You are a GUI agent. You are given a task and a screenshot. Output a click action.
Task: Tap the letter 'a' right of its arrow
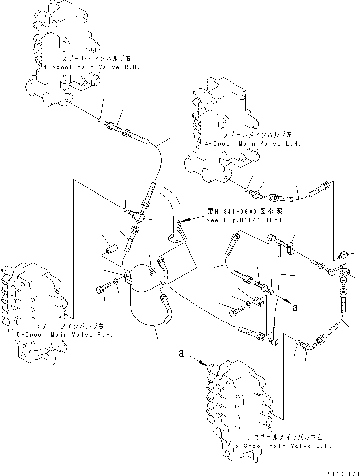coord(295,308)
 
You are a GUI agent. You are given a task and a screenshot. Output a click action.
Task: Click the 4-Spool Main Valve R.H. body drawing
coord(64,54)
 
